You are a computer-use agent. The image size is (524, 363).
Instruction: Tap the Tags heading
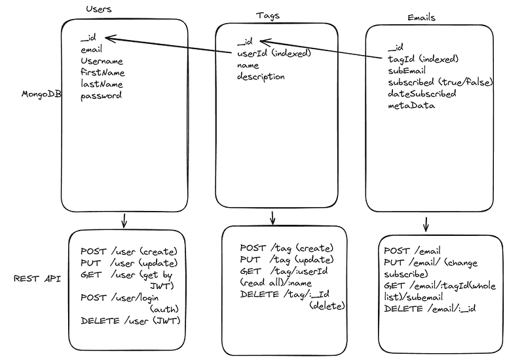(268, 15)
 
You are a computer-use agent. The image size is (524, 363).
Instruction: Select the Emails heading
(421, 17)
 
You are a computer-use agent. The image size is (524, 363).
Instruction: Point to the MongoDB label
(42, 94)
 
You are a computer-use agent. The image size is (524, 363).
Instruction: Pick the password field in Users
(101, 96)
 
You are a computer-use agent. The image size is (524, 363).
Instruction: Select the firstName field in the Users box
(102, 72)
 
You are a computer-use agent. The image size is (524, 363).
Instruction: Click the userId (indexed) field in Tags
(273, 53)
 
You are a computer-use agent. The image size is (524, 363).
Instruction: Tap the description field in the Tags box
(261, 77)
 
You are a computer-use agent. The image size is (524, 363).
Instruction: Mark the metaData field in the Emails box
(411, 105)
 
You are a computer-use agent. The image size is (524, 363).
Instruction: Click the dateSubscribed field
(422, 94)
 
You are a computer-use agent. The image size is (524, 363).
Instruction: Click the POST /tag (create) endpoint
(287, 248)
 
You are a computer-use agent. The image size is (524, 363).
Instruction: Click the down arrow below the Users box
(124, 221)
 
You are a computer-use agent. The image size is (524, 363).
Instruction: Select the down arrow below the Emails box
(426, 224)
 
